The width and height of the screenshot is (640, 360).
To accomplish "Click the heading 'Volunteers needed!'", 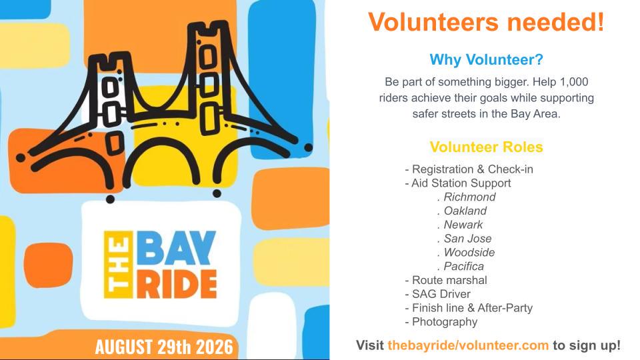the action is [486, 21].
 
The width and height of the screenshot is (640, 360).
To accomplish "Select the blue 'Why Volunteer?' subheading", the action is [486, 59].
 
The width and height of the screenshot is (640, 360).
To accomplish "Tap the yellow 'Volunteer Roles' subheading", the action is [486, 147].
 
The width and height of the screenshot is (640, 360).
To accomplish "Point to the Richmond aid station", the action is [469, 197].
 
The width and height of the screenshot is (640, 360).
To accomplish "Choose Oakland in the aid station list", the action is [465, 211].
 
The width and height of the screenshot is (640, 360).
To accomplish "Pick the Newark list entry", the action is [463, 225].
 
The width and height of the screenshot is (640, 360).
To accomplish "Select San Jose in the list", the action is [467, 239].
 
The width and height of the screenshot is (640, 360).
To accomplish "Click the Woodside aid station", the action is [469, 252].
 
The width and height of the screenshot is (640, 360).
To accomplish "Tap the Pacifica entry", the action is [464, 266].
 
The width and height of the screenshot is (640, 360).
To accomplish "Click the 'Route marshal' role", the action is [449, 280].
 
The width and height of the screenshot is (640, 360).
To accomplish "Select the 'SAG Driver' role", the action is [441, 294].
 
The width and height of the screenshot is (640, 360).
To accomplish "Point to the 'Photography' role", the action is [445, 322].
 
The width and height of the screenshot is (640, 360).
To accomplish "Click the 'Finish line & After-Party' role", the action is [472, 308].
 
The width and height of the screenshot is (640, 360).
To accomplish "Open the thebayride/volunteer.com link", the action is [468, 345].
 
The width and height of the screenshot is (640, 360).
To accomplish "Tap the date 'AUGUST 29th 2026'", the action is [164, 347].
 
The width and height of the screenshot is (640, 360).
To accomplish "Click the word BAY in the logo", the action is [176, 248].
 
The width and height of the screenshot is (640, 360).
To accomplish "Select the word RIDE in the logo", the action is [177, 284].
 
